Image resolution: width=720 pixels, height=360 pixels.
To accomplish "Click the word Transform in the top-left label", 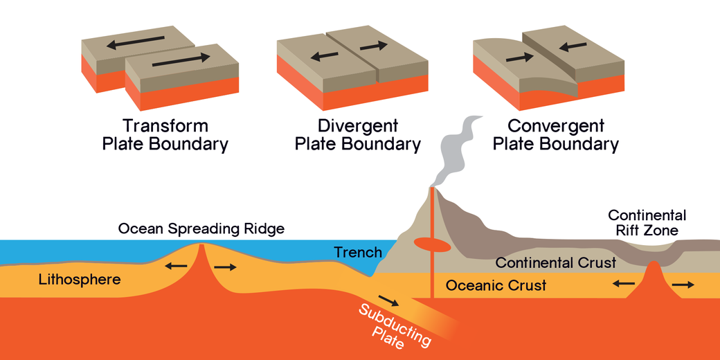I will pyautogui.click(x=165, y=126).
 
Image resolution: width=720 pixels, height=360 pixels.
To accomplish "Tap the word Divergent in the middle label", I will pyautogui.click(x=358, y=126).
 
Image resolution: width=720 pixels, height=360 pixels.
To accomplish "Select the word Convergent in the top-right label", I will pyautogui.click(x=556, y=126).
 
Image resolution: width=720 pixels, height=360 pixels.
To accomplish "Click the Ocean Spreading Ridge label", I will pyautogui.click(x=201, y=228).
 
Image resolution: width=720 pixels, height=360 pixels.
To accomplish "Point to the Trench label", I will pyautogui.click(x=358, y=253).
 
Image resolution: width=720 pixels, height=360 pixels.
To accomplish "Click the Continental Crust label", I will pyautogui.click(x=556, y=263).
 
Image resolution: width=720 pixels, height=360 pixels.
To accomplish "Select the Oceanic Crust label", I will pyautogui.click(x=496, y=285).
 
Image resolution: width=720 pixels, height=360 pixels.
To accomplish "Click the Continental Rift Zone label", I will pyautogui.click(x=647, y=223).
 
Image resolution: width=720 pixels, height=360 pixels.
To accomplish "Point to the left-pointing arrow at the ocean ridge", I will pyautogui.click(x=175, y=266).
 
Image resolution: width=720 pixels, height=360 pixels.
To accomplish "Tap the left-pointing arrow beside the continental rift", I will pyautogui.click(x=624, y=282).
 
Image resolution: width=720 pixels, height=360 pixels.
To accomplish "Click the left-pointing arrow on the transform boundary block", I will pyautogui.click(x=136, y=43).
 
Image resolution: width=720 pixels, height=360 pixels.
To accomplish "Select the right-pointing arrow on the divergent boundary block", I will pyautogui.click(x=375, y=46).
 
